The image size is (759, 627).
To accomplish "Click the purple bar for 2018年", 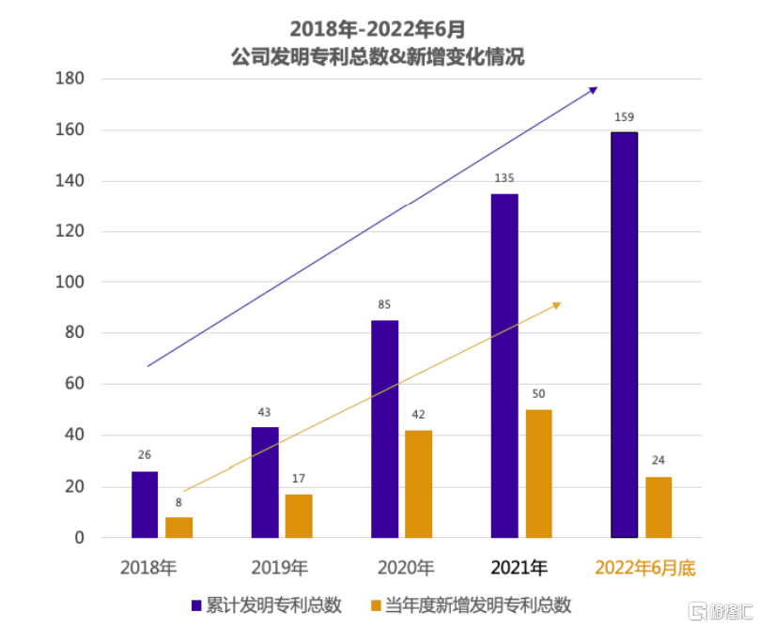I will click(145, 504).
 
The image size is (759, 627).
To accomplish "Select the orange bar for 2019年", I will click(299, 515).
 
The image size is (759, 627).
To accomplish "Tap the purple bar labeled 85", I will click(384, 429).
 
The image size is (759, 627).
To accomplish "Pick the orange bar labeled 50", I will click(538, 473).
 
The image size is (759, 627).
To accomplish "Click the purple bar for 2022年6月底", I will click(624, 335).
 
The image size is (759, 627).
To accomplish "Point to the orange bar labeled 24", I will click(658, 507).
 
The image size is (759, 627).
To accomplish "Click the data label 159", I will click(624, 117).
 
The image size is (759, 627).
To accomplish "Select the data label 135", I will click(504, 178).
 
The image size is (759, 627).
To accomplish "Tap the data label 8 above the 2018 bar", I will click(178, 502).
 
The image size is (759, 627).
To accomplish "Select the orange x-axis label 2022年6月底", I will click(645, 568).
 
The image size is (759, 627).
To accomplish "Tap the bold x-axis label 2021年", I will click(519, 568).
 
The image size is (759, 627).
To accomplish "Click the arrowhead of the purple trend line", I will click(593, 89).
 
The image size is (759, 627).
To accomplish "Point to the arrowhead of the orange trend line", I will click(556, 304).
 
